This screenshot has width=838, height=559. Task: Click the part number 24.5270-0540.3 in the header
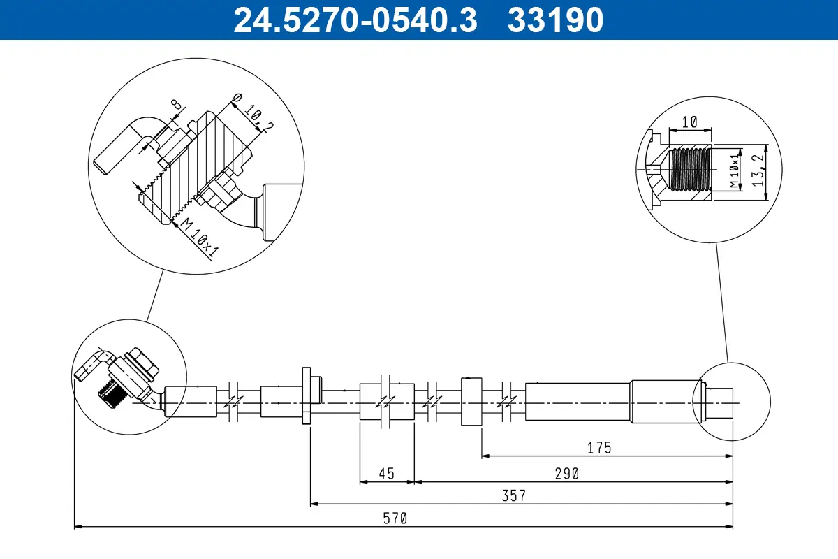click(355, 20)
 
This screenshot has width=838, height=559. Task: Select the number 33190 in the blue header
click(555, 20)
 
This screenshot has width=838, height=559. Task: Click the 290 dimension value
click(567, 473)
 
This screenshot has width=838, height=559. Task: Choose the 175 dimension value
click(599, 448)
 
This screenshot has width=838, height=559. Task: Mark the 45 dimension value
click(386, 473)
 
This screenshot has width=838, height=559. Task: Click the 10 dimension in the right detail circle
click(689, 122)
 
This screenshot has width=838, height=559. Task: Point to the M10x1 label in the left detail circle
click(198, 238)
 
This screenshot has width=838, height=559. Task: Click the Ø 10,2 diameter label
click(251, 113)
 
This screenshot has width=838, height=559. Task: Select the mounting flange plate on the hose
click(307, 395)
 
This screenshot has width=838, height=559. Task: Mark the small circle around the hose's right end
click(730, 401)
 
